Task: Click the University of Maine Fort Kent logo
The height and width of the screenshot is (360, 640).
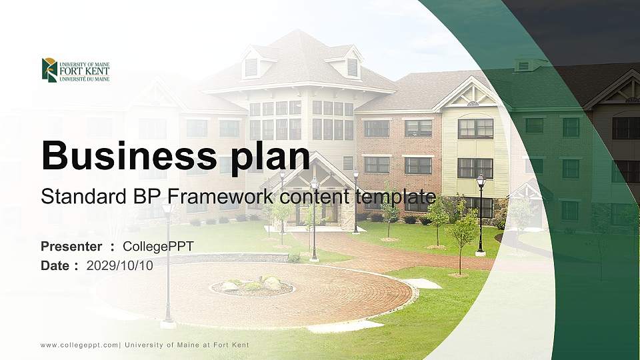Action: coord(75,70)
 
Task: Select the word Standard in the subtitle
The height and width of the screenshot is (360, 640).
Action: coord(76,197)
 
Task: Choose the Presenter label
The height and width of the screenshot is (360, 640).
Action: coord(71,247)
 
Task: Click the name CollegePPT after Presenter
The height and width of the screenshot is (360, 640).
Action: coord(158,247)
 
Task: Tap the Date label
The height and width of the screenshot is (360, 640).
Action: coord(55,265)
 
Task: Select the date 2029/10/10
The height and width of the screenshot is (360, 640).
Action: coord(119,265)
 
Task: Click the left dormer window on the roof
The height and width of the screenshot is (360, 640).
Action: coord(251,67)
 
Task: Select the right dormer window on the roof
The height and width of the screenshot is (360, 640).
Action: coord(352,67)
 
